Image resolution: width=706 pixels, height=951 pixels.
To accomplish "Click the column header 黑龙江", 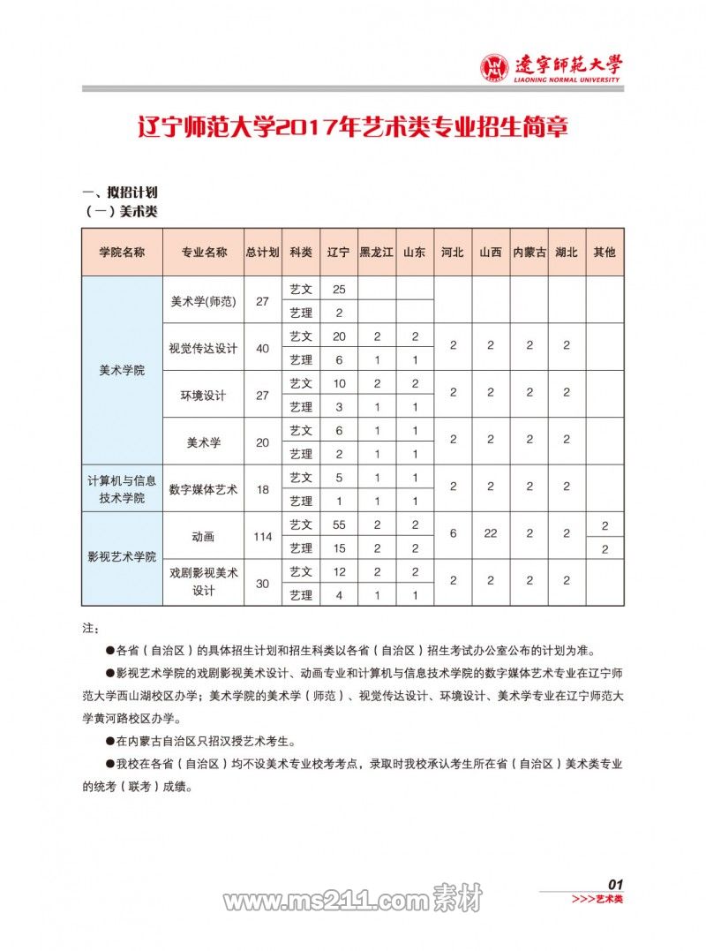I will point(377,252).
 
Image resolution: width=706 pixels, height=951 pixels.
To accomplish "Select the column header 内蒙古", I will point(529,252).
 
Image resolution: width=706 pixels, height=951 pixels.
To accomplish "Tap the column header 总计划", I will point(262,252).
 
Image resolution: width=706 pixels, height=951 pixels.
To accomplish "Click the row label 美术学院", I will point(122,371).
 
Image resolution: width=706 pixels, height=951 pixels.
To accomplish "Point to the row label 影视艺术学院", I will point(122,557).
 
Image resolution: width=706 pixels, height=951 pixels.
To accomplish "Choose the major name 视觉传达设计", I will point(203,348).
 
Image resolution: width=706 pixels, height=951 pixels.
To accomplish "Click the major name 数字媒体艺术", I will point(203,488).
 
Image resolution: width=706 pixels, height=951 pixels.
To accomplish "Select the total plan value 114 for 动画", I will point(262,536).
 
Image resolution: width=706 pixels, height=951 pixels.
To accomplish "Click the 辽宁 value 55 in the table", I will point(339,525).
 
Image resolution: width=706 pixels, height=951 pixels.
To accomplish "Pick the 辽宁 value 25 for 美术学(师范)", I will point(339,289).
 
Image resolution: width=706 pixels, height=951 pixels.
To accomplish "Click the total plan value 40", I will point(262,348).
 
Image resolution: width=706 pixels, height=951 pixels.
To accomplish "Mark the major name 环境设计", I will point(203,395).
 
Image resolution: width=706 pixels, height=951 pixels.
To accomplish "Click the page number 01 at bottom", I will point(616,884).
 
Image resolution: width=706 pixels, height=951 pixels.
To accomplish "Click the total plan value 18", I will point(262,488).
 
